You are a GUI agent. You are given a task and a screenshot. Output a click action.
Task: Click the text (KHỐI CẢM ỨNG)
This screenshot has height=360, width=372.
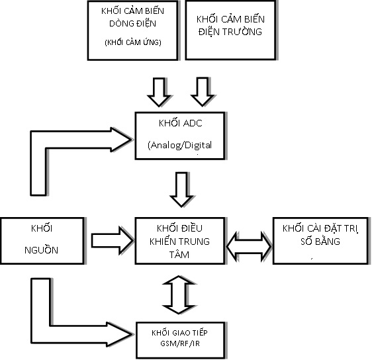(133, 42)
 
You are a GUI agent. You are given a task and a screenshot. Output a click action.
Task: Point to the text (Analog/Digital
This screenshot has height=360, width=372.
(179, 145)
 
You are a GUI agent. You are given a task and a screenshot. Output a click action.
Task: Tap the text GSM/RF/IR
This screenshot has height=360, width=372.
(180, 343)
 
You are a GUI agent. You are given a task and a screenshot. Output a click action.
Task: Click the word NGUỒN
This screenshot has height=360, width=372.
(41, 250)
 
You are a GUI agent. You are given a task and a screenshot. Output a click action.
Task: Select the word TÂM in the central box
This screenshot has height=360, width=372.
(179, 255)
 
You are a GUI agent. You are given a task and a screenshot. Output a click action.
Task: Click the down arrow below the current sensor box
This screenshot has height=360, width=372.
(159, 92)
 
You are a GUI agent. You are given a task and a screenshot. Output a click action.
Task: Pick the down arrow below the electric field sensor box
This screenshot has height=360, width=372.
(203, 92)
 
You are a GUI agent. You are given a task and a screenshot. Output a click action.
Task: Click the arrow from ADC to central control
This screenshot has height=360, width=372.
(182, 190)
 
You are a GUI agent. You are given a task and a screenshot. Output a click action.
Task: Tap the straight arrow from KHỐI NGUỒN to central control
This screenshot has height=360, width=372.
(113, 240)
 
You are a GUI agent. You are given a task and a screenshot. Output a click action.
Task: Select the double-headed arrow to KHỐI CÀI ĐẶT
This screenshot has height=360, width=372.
(249, 247)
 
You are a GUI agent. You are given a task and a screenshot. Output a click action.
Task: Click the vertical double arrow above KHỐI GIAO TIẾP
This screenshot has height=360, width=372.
(179, 294)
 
